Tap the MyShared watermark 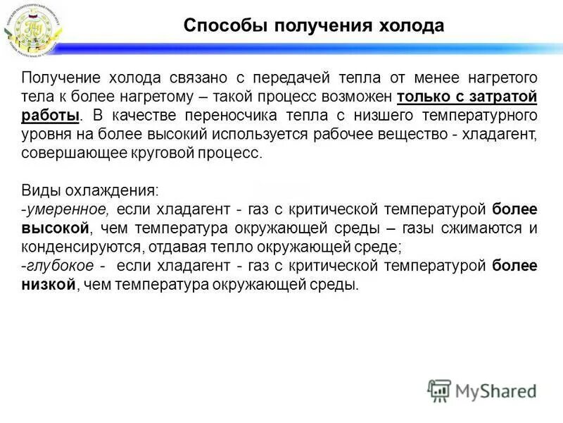(x=481, y=390)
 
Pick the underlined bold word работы (x=50, y=115)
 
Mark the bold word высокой (x=56, y=228)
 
